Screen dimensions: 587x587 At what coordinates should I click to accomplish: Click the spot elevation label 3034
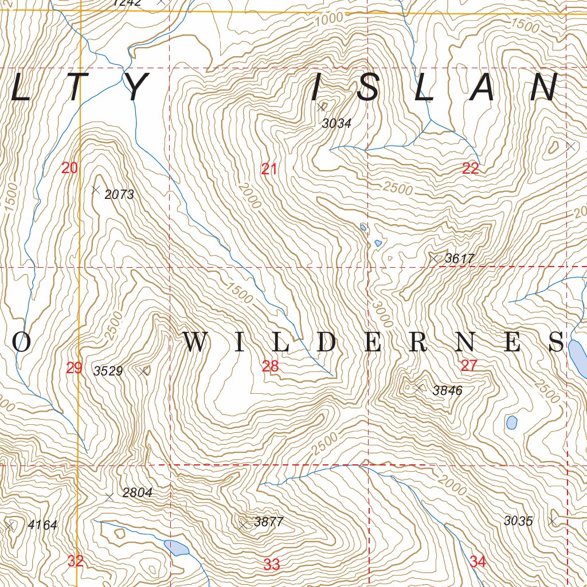click(336, 123)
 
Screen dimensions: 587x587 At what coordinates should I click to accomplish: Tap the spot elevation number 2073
click(119, 195)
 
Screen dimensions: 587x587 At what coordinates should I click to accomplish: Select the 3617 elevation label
click(460, 259)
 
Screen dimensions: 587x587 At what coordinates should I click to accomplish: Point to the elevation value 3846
click(447, 391)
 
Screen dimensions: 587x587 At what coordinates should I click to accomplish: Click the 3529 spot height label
click(108, 371)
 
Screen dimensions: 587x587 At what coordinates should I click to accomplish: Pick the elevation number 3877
click(268, 522)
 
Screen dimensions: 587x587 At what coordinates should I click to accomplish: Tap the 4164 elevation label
click(42, 525)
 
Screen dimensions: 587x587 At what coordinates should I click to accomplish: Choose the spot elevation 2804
click(137, 493)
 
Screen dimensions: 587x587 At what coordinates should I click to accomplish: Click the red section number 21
click(269, 169)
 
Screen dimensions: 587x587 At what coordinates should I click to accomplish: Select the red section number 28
click(270, 366)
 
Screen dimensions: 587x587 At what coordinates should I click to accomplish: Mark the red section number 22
click(470, 169)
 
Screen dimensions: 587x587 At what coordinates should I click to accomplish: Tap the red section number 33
click(271, 565)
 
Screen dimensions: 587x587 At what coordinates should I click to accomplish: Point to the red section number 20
click(69, 169)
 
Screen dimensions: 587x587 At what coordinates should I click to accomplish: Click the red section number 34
click(478, 562)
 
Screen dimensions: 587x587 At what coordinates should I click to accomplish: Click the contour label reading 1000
click(329, 18)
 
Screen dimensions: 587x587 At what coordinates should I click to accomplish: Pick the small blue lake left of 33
click(176, 547)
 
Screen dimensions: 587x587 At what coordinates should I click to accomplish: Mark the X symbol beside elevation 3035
click(552, 521)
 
